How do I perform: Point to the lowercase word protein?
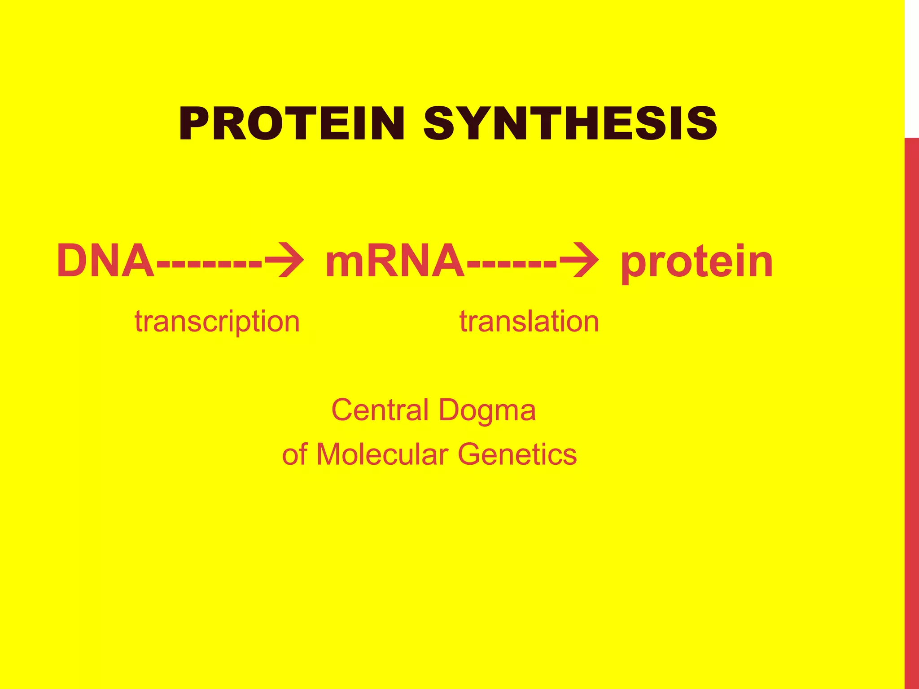point(696,262)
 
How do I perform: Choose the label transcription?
point(217,322)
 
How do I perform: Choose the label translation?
point(529,322)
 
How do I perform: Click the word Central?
point(380,410)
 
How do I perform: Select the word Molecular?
point(382,454)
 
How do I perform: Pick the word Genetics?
point(517,454)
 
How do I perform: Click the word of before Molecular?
point(295,454)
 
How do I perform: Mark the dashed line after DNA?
point(209,262)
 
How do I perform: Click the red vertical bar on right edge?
point(912,404)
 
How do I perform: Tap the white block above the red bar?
point(912,67)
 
